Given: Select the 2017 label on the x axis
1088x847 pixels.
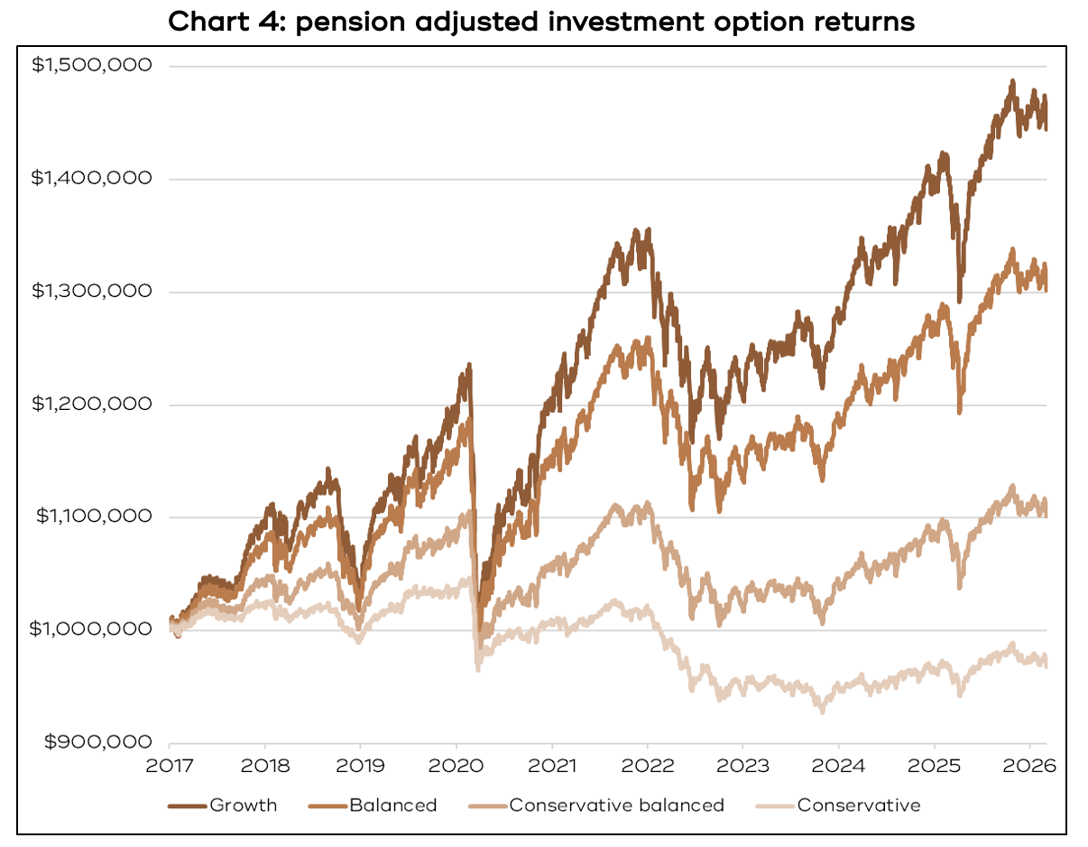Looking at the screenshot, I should [170, 765].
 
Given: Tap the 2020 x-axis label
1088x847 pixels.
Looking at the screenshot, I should [456, 765].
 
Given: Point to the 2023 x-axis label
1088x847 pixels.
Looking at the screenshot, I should [742, 765].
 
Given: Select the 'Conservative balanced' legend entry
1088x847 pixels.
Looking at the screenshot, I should [616, 805].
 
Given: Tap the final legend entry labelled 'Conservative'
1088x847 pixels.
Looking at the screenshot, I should [858, 805].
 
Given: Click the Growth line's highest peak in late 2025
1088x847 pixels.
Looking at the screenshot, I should [1012, 81].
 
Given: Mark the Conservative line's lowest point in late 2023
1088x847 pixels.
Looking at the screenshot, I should [822, 712].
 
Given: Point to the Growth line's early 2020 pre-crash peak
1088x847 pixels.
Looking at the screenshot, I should [469, 365].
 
